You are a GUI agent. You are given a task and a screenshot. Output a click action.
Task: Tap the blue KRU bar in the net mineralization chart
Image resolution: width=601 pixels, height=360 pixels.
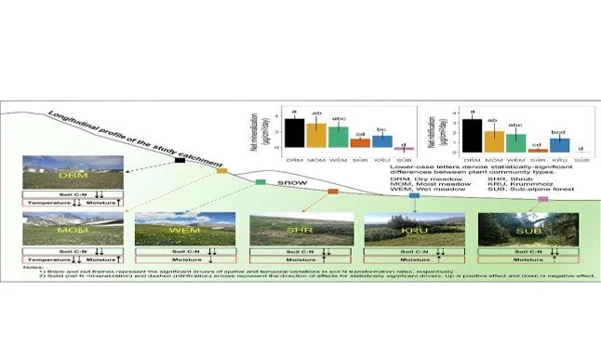[382, 140]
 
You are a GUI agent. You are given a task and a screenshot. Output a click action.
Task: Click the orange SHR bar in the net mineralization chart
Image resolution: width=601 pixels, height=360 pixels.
[360, 143]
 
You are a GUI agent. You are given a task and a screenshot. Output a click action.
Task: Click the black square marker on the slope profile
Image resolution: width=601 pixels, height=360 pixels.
[180, 162]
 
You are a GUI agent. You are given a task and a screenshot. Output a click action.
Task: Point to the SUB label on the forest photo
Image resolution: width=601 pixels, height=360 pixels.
[514, 229]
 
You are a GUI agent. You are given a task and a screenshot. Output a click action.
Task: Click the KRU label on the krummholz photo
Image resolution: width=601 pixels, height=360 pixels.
[400, 229]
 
